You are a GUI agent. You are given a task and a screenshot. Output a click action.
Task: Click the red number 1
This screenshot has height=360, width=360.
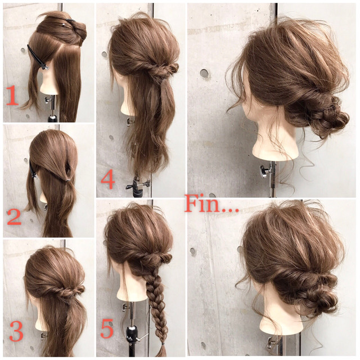pos(12,95)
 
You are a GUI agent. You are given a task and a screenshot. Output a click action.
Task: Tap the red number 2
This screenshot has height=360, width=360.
pos(14,217)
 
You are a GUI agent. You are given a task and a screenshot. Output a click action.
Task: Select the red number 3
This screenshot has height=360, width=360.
pos(16,331)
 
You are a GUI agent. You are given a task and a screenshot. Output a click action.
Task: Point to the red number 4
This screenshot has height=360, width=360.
pos(108,181)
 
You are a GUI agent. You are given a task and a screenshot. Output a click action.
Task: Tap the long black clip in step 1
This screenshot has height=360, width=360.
pos(38,57)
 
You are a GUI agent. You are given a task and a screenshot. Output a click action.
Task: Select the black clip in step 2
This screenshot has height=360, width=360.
pos(33,170)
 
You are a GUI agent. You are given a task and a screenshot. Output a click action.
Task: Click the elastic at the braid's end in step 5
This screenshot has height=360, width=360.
pos(163,344)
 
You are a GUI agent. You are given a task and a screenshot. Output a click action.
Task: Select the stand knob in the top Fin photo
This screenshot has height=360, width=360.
pos(264,171)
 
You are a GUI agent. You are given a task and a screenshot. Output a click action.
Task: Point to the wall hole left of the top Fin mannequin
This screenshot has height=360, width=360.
pos(204,74)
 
